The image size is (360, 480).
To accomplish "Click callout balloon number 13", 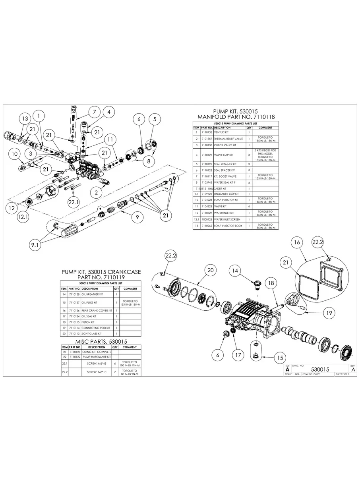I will click(x=25, y=118).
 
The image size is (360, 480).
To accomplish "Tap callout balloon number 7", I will click(x=94, y=112).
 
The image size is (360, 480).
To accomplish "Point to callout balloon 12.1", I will click(x=23, y=217).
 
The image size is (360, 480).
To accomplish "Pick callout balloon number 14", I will click(x=236, y=271).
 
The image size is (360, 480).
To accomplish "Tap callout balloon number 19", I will click(x=328, y=313).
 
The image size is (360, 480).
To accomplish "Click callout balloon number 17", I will click(x=238, y=355).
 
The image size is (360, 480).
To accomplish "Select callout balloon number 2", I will click(x=96, y=192).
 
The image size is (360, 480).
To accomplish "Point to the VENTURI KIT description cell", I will click(x=222, y=132).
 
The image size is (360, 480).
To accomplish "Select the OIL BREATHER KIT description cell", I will click(x=92, y=294).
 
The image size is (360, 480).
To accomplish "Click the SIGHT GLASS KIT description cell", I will click(x=91, y=334).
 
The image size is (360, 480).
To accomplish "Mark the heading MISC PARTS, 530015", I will click(x=101, y=341).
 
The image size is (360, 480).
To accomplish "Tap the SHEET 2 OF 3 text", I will click(x=344, y=374).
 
